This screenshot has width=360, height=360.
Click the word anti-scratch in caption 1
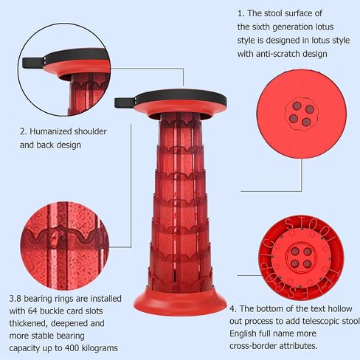(x=278, y=54)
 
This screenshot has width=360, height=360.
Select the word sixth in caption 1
(x=261, y=27)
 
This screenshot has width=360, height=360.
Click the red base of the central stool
(x=180, y=301)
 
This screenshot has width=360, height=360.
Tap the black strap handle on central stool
(x=125, y=103)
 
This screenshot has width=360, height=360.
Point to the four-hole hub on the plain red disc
(x=302, y=114)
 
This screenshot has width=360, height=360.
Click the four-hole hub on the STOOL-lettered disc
(x=301, y=257)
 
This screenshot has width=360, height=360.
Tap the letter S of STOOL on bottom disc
(x=290, y=224)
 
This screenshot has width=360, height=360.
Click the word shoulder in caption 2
(x=90, y=131)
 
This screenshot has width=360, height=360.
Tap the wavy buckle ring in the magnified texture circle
(x=64, y=235)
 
